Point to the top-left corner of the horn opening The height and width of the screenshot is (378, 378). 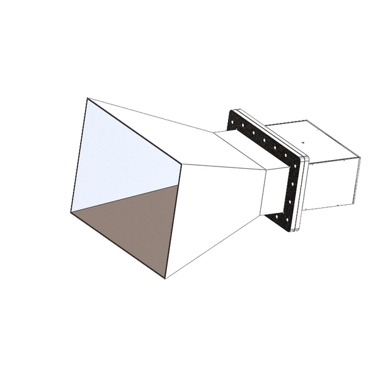tap(88, 98)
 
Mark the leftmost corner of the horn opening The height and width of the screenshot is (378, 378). tap(71, 213)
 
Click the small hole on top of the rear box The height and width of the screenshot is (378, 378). tap(302, 142)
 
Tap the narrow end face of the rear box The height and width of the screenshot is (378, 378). tap(357, 180)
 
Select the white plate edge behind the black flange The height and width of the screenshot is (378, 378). tap(305, 189)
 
